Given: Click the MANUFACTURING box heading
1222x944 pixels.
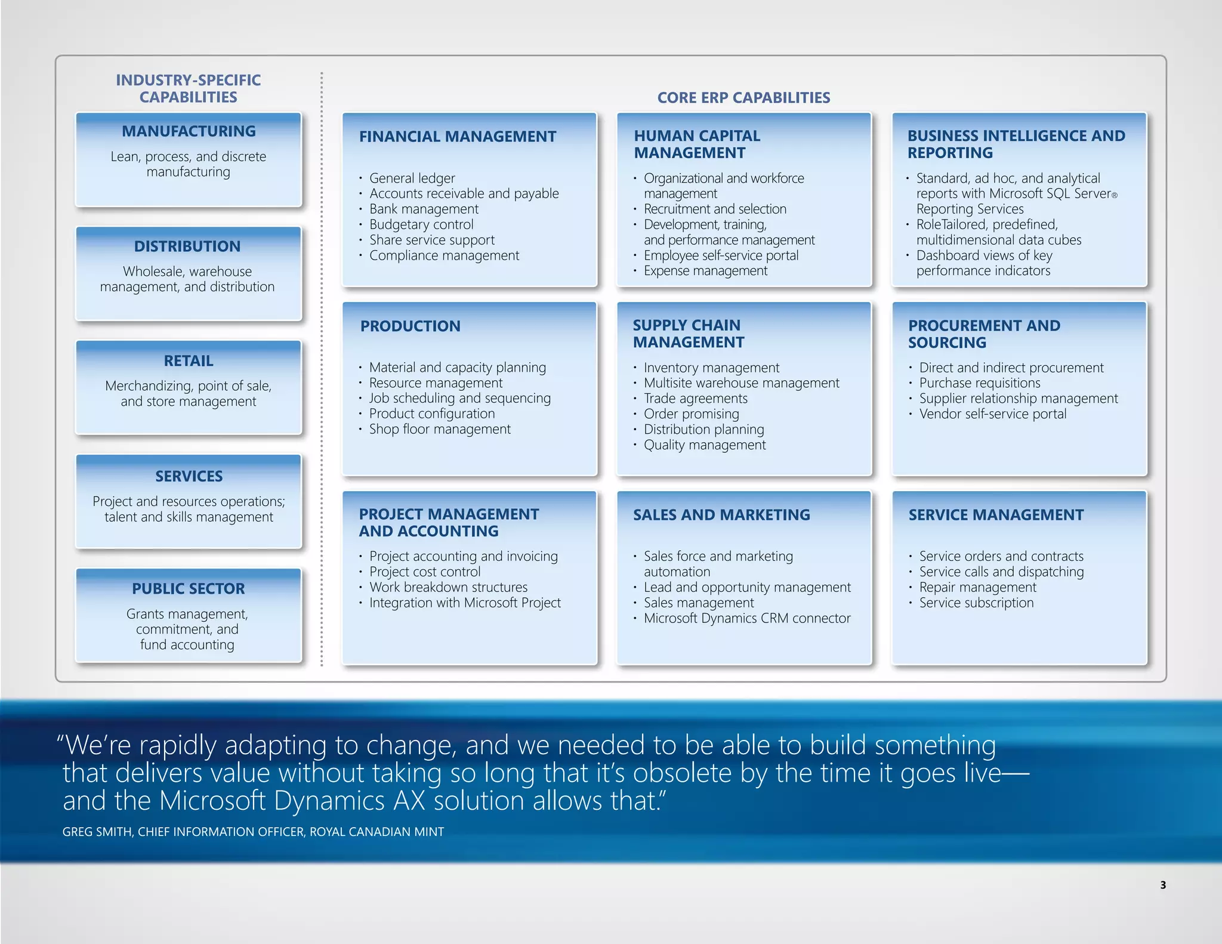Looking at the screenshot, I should pos(189,131).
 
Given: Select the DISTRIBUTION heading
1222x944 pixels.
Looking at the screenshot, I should pos(187,246).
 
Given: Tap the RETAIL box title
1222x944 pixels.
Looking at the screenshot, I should pos(189,361).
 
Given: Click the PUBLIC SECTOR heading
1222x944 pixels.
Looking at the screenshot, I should pos(189,589).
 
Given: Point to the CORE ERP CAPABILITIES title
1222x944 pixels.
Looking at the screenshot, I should pos(743,98).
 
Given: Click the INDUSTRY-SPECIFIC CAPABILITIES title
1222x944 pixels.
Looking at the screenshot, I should pos(189,89).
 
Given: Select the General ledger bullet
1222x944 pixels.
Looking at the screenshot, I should pos(412,178).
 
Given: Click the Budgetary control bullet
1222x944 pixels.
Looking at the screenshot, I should pos(421,225).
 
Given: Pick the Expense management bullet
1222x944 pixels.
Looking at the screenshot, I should pos(705,271).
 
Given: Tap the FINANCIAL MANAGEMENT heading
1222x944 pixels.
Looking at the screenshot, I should pos(458,137).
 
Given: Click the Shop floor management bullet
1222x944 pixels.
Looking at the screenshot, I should pos(440,430).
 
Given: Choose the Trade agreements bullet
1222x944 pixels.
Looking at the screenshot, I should pos(695,399).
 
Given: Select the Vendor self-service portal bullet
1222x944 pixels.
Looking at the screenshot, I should pos(992,414).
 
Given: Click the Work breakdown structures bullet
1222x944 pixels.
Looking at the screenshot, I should pos(448,588).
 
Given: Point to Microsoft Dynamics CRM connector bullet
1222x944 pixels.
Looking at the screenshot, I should pos(747,619).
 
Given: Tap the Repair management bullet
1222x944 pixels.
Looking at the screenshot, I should pos(977,588).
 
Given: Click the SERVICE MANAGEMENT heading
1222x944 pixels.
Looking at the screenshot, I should pos(996,515).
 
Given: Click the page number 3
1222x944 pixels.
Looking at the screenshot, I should pos(1163,886).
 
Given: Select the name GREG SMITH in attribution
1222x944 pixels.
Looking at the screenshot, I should pos(97,832).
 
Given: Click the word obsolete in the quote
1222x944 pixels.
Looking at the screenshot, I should pos(683,774).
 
